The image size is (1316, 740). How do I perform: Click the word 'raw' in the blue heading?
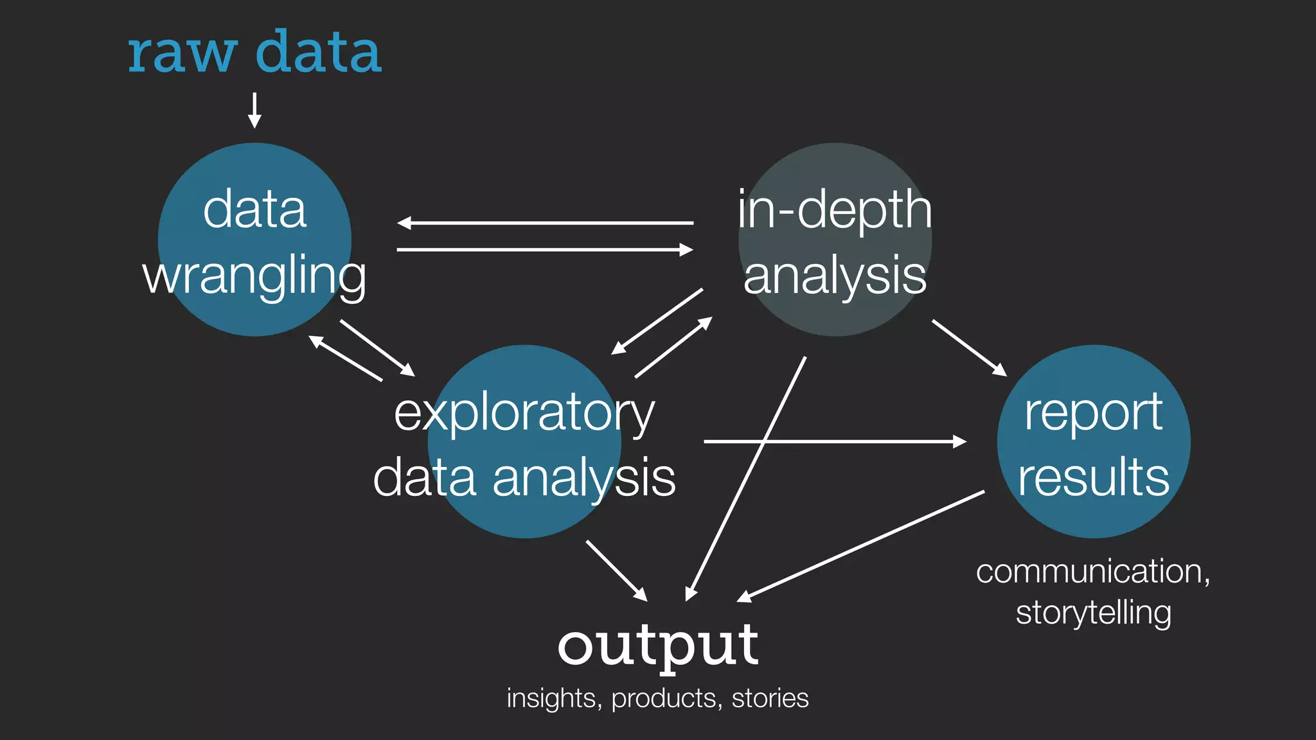point(182,54)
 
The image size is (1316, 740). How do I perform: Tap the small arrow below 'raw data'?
point(254,110)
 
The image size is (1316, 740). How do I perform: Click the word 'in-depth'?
point(834,210)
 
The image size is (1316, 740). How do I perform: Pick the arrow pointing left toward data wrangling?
point(545,223)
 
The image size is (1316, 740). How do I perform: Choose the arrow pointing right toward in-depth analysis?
point(545,250)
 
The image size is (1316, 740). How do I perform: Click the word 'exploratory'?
point(524,413)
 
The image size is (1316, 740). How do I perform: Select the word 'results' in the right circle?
point(1093,477)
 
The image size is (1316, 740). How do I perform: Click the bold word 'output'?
point(657,646)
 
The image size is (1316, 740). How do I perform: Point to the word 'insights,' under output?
point(554,698)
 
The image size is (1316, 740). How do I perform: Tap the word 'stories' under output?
point(770,698)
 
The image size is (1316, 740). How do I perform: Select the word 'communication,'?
point(1092,572)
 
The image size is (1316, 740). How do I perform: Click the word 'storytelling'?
point(1093,613)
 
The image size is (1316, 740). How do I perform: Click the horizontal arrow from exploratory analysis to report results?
point(835,441)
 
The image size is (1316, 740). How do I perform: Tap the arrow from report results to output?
point(861,546)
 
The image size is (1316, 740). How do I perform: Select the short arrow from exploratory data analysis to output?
point(616,570)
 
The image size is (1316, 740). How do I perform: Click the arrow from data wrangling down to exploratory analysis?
point(377,348)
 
